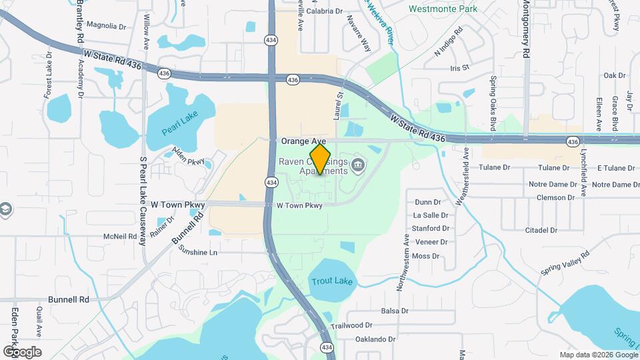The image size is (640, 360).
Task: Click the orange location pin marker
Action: pos(320,159)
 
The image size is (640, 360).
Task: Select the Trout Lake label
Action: pos(331,281)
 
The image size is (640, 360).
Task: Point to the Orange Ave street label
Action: pos(303,141)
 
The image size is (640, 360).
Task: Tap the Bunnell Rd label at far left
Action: pos(69,300)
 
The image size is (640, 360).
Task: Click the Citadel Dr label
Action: pos(541,230)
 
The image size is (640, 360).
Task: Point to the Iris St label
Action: pos(460,68)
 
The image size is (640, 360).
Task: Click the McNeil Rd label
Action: pos(120,237)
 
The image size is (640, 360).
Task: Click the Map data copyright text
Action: pos(597,355)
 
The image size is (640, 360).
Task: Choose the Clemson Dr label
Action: pos(552,197)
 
